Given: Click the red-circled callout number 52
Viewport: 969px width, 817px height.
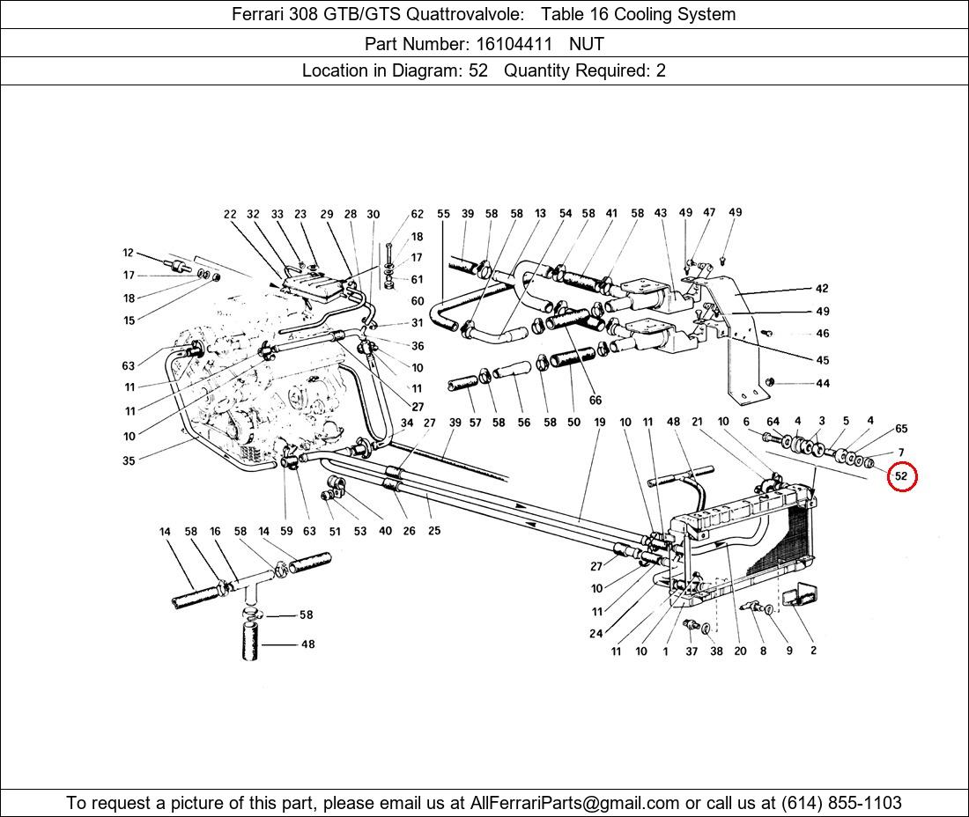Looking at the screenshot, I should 901,476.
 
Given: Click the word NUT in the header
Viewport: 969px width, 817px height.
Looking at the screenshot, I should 586,42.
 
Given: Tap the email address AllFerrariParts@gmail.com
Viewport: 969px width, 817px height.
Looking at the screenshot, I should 575,803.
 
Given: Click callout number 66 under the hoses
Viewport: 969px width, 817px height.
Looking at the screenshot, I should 595,401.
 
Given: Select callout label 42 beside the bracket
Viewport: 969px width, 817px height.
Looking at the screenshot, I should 822,289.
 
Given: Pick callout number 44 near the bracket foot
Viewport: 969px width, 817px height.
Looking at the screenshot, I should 822,383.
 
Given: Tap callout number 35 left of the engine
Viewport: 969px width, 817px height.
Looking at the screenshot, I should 129,460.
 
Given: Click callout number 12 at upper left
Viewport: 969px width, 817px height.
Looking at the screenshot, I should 129,254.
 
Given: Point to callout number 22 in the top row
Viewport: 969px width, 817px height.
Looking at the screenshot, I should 230,214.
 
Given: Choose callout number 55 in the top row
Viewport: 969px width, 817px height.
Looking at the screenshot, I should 443,214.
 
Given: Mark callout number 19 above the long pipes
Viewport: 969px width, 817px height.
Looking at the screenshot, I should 600,423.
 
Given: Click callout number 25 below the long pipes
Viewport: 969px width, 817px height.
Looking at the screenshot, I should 434,531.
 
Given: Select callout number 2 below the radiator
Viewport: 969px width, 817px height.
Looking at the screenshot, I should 813,651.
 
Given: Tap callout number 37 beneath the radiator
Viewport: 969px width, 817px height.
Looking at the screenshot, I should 692,651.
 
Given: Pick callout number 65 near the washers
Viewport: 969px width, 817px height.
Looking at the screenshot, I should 901,429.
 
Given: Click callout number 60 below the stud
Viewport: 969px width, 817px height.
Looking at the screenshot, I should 418,301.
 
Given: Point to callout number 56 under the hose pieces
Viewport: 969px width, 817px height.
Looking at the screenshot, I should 524,423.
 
